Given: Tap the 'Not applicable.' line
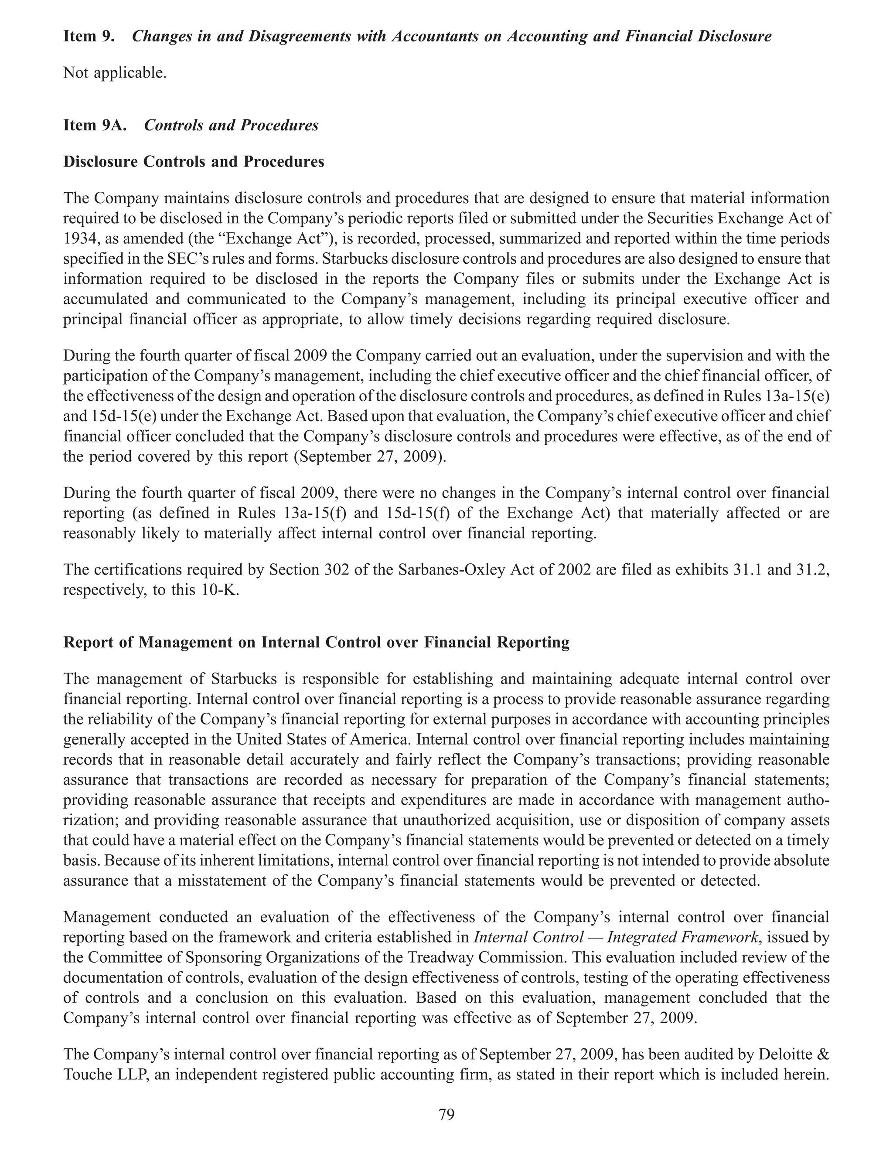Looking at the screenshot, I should (115, 73).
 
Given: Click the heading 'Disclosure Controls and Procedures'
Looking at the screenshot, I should (193, 162).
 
